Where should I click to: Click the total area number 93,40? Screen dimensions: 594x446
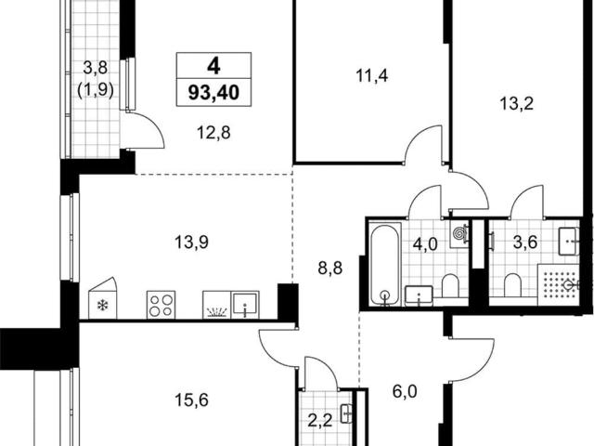pos(213,93)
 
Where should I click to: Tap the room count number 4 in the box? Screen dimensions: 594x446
pos(213,67)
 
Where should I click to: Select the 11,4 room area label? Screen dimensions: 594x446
pos(371,76)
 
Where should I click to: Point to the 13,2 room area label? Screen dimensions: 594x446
pos(517,103)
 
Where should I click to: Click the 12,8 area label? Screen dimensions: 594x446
pos(213,133)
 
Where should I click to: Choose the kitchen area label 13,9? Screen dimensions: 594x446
pos(191,242)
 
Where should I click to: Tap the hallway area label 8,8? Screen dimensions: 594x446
pos(330,269)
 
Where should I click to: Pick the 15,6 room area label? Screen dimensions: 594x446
pos(191,400)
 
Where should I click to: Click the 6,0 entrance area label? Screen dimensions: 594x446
pos(405,391)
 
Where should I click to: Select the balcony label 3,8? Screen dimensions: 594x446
pos(96,69)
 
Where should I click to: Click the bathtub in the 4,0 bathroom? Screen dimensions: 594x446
pos(385,264)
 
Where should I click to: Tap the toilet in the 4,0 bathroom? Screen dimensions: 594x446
pos(450,285)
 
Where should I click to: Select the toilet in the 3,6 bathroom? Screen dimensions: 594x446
pos(512,285)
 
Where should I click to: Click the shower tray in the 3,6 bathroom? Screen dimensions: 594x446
pos(559,284)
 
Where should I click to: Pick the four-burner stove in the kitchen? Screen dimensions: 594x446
pos(161,305)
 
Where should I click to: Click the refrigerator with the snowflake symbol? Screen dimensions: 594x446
pos(103,299)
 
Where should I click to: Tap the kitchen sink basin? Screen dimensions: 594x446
pos(245,305)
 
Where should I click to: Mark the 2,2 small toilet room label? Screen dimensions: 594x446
pos(319,421)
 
